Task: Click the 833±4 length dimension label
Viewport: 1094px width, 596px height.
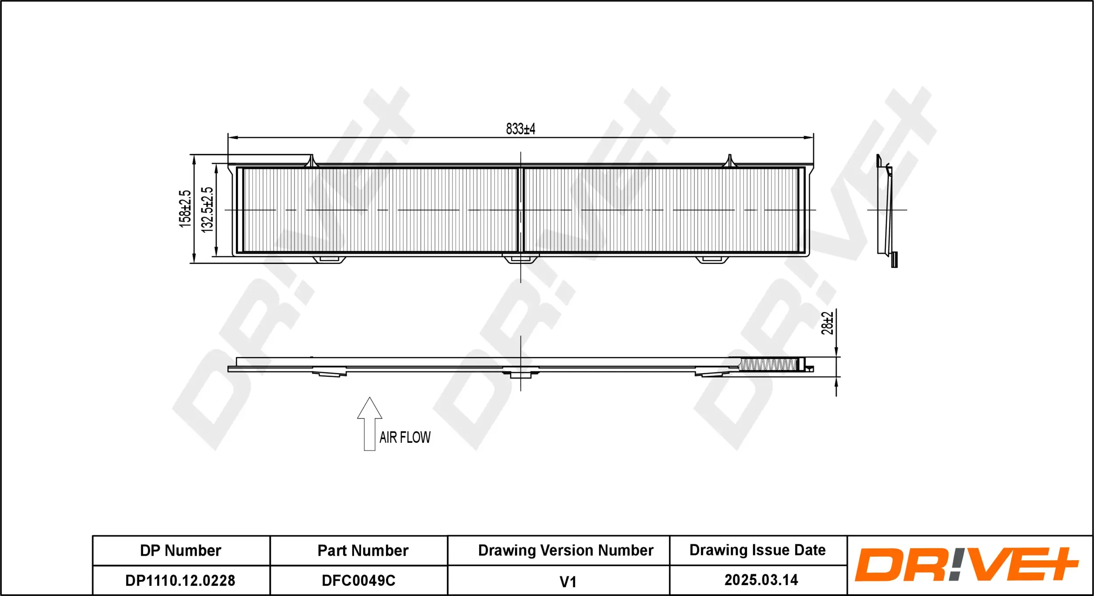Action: (x=520, y=129)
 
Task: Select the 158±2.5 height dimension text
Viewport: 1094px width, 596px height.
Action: (x=185, y=209)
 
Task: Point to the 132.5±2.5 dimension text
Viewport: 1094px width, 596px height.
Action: (x=207, y=209)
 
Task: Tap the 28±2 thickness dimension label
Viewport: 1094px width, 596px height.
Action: (x=827, y=323)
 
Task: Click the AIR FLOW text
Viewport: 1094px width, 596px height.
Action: (x=405, y=437)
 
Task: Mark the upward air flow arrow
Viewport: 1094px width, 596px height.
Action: (x=369, y=423)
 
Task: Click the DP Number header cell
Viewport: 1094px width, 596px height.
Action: (x=180, y=550)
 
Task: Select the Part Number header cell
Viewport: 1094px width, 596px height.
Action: (x=363, y=550)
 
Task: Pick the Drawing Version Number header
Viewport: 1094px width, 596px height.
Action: (x=565, y=550)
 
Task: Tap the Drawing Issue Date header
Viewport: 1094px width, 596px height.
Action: (x=757, y=550)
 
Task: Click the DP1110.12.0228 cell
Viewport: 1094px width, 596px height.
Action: (x=180, y=580)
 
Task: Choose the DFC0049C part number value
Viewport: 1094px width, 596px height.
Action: (x=358, y=580)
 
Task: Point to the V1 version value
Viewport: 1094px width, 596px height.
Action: (x=568, y=582)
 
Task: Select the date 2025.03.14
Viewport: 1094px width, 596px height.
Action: (x=761, y=580)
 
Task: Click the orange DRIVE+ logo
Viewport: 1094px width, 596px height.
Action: (x=966, y=564)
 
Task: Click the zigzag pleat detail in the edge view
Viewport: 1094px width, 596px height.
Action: (x=768, y=365)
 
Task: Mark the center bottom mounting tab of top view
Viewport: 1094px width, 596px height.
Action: (x=520, y=259)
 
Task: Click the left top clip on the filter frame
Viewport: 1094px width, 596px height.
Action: (x=311, y=161)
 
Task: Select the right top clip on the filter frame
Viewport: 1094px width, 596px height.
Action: (x=729, y=161)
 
